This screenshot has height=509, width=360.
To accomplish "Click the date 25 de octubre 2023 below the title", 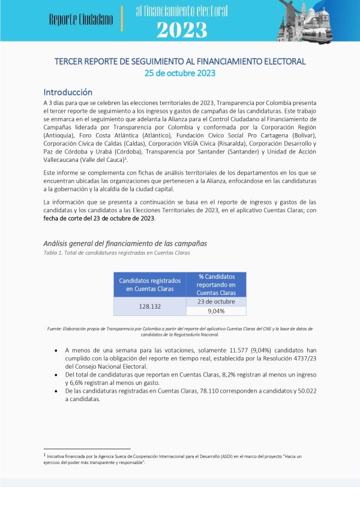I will pyautogui.click(x=179, y=73).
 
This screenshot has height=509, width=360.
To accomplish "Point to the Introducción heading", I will pyautogui.click(x=68, y=92).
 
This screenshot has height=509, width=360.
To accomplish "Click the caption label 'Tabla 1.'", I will pyautogui.click(x=53, y=252).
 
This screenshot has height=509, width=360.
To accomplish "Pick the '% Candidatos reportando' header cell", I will pyautogui.click(x=217, y=285).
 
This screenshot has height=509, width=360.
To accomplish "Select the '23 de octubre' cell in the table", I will pyautogui.click(x=217, y=302).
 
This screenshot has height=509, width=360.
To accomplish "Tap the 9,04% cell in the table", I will pyautogui.click(x=217, y=311).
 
